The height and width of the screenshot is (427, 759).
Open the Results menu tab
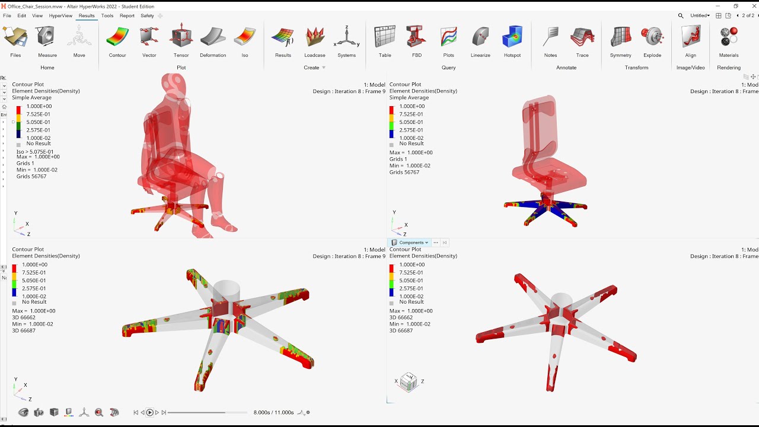87,16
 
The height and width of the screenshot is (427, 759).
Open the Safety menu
147,16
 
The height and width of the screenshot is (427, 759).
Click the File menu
7,16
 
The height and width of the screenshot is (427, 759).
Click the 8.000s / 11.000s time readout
273,412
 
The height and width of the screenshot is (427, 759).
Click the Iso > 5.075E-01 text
35,152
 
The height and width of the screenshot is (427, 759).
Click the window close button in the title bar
751,6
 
